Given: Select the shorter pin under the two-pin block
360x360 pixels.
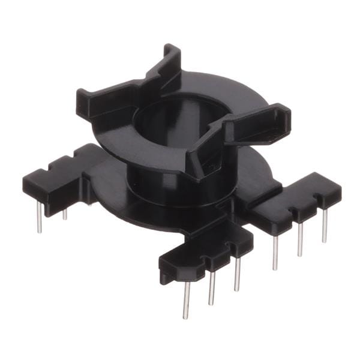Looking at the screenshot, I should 65,212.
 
